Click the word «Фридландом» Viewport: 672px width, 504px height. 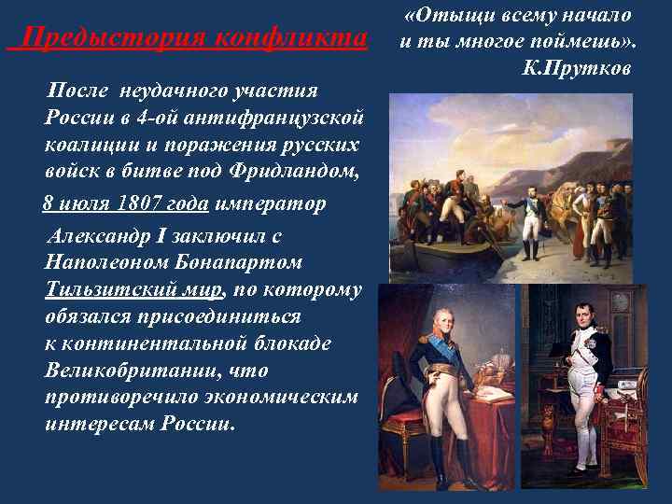coord(300,174)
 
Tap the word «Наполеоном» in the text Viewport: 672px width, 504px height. coord(104,263)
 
